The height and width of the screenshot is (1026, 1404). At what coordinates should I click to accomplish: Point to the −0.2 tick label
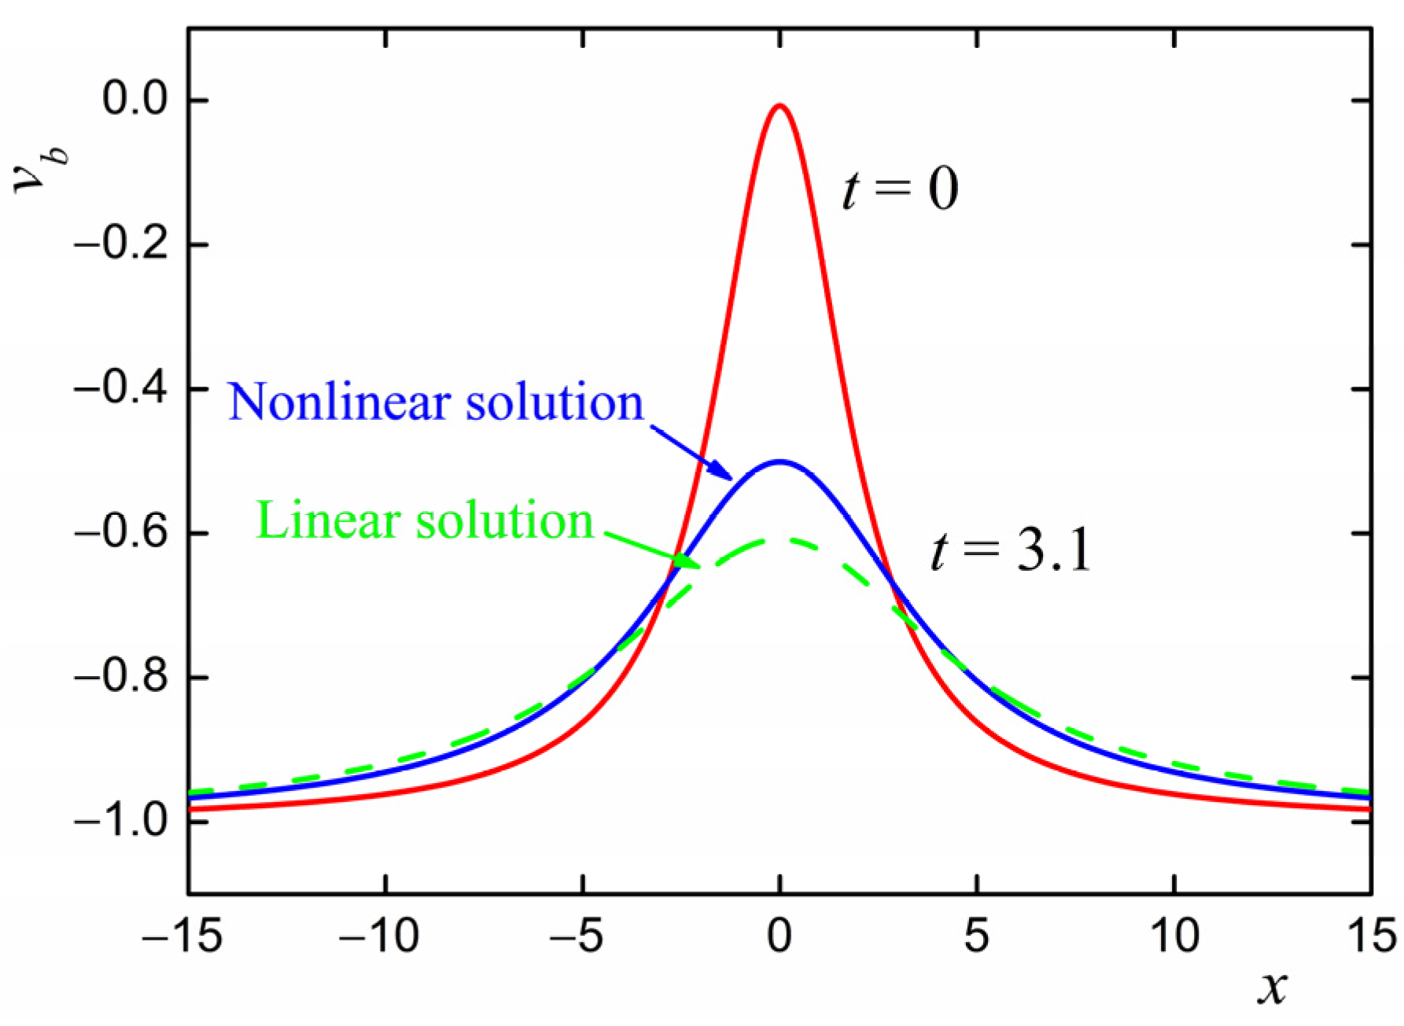coord(120,245)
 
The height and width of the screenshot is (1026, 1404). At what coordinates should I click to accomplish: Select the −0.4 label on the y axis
coord(120,389)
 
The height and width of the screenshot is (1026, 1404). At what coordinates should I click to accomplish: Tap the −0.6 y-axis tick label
coord(120,533)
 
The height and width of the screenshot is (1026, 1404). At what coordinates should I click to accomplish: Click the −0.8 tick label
coord(120,677)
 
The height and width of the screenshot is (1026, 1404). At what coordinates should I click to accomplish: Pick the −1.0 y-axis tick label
coord(120,821)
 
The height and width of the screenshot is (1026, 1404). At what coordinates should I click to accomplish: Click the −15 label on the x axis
coord(182,936)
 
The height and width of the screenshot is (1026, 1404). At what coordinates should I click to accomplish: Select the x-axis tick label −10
coord(379,936)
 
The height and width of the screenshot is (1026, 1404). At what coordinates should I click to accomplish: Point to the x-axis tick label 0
coord(779,936)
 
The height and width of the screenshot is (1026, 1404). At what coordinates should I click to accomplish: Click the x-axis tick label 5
coord(977,936)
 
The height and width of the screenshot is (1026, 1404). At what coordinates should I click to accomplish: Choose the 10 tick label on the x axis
coord(1174,936)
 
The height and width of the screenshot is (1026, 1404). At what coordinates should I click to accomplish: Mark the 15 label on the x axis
coord(1370,936)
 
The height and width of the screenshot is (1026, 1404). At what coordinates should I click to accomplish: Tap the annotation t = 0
coord(901,189)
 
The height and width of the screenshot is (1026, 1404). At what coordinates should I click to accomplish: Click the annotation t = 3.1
coord(1012,550)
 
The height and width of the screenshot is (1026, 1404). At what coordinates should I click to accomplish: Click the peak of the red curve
coord(779,105)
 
